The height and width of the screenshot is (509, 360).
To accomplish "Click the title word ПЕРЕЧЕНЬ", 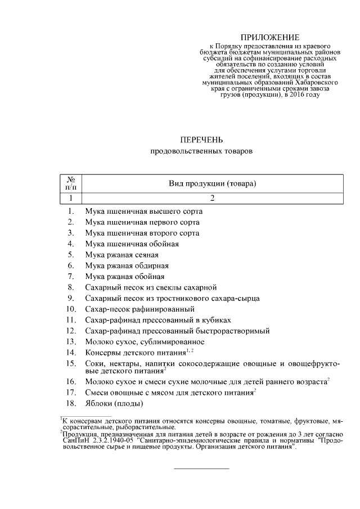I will click(x=201, y=139).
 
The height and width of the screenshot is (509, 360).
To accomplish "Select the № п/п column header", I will click(x=71, y=183).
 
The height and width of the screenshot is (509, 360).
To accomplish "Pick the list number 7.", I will click(x=71, y=276).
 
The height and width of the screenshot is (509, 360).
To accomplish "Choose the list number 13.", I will click(x=71, y=341).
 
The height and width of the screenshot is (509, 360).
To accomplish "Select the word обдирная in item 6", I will click(x=151, y=265).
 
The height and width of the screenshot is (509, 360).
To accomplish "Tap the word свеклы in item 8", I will click(x=173, y=287).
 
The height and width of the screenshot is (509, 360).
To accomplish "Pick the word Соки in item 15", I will click(x=94, y=364).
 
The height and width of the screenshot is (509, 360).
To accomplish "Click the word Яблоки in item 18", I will click(x=98, y=404).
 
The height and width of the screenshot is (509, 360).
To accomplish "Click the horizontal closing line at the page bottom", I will click(x=201, y=469).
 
